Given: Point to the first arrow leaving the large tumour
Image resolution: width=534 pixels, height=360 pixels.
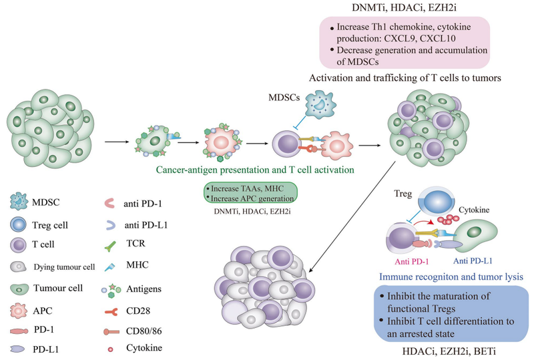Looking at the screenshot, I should [x=117, y=141].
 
